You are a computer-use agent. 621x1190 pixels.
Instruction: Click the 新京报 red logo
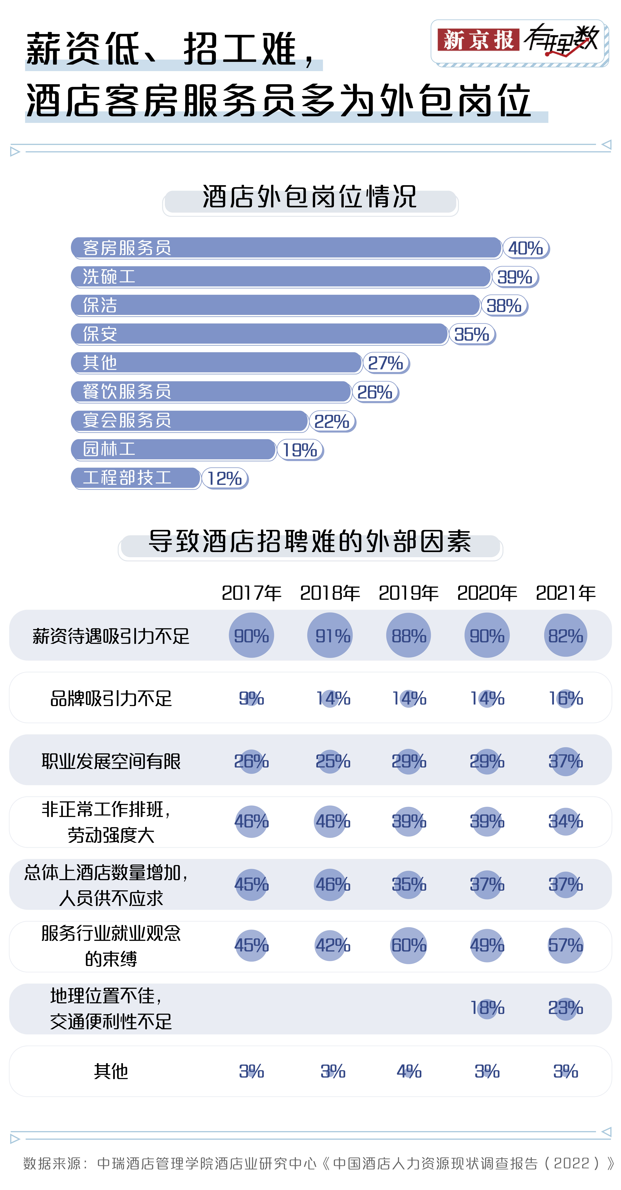point(478,40)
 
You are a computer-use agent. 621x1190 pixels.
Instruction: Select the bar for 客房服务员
point(286,248)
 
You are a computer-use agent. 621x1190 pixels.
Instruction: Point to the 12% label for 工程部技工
point(225,479)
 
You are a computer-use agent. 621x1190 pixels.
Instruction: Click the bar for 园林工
point(174,450)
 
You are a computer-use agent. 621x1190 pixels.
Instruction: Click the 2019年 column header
point(408,593)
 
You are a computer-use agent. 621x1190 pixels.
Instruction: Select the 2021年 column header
point(566,593)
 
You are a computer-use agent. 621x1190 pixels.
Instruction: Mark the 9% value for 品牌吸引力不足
point(251,698)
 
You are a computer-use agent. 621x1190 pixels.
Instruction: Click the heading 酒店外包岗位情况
point(310,197)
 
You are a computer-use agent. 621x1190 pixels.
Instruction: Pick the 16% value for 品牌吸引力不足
point(566,698)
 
